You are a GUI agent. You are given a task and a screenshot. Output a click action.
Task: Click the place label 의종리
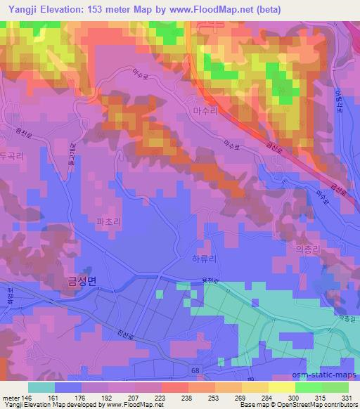pos(305,248)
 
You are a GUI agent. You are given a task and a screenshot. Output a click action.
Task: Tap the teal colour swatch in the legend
pos(41,387)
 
